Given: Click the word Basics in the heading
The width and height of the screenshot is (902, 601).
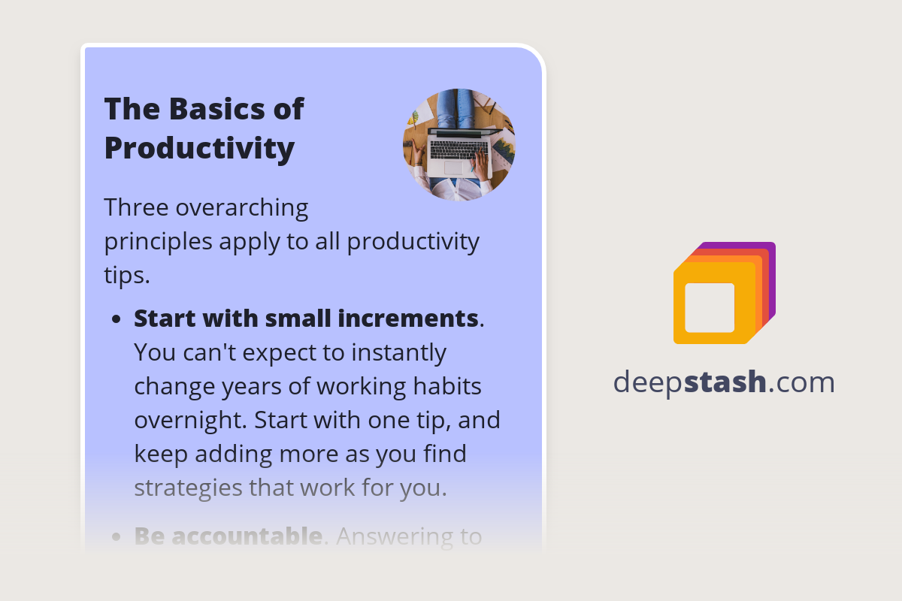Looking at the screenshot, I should pyautogui.click(x=205, y=109).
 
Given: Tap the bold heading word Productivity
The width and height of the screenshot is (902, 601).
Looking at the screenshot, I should pyautogui.click(x=199, y=148).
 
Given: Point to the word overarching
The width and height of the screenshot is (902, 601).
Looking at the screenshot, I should pyautogui.click(x=242, y=207).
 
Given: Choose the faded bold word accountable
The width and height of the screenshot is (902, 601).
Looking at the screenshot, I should pyautogui.click(x=247, y=536).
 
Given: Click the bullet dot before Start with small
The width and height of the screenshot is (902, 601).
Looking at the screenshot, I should pyautogui.click(x=116, y=319).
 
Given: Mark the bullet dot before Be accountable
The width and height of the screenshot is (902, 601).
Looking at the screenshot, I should pyautogui.click(x=116, y=537).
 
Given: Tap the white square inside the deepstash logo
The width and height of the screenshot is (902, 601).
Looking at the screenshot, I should pyautogui.click(x=710, y=307).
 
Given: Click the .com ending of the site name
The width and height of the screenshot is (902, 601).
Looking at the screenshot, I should pyautogui.click(x=802, y=382).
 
